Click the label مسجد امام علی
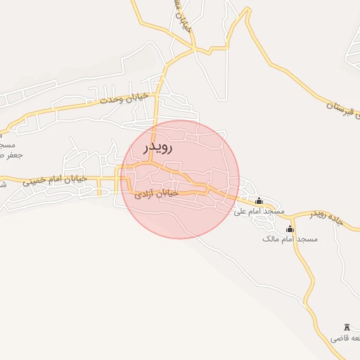pos(259,211)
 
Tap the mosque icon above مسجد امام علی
pos(259,201)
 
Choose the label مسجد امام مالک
pos(290,239)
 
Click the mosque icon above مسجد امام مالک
pos(290,229)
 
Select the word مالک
pos(271,239)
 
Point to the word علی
pos(240,211)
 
